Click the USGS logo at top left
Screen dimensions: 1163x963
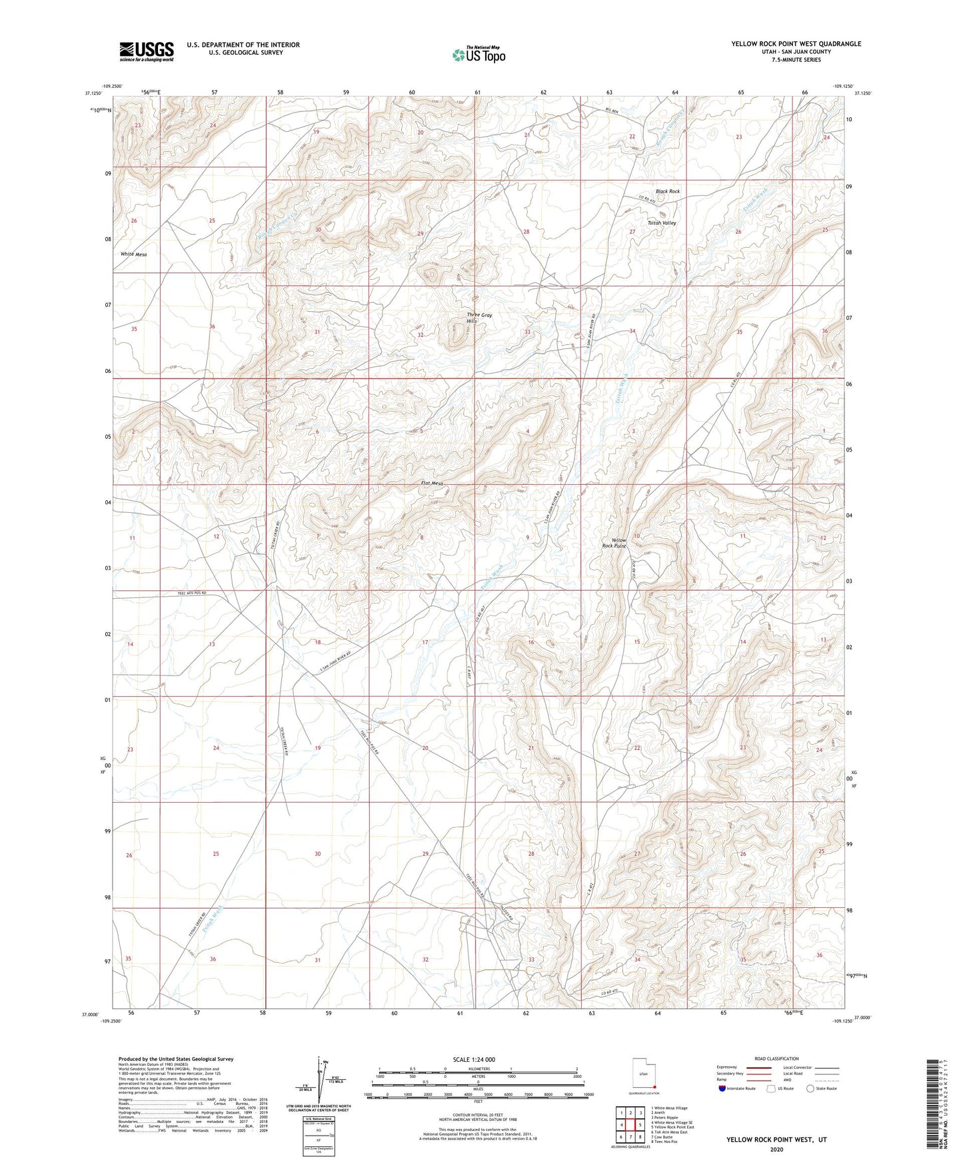tap(147, 51)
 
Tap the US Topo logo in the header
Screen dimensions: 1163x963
tap(479, 55)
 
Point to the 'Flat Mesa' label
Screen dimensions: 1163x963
tap(432, 484)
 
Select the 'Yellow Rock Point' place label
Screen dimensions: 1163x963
tap(614, 543)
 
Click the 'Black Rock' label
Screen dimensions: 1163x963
tap(667, 191)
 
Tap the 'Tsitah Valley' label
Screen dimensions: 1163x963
tap(662, 223)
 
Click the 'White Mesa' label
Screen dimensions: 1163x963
tap(133, 254)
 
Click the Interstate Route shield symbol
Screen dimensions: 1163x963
tap(722, 1088)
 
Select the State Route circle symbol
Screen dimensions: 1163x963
tap(810, 1088)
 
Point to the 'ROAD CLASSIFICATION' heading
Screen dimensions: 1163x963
tap(776, 1058)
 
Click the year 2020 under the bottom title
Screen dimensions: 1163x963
tap(776, 1149)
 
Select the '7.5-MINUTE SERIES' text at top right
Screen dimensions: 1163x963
tap(796, 60)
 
